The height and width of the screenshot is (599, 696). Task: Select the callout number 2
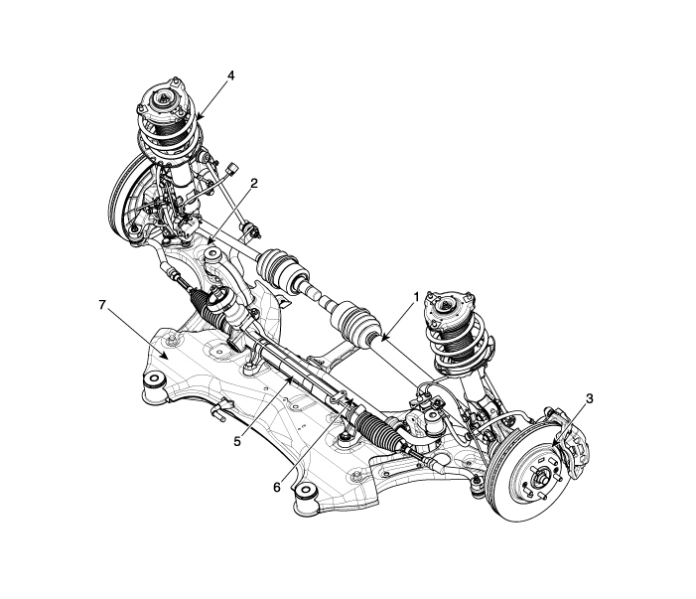click(254, 183)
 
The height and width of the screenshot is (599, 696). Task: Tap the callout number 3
click(590, 398)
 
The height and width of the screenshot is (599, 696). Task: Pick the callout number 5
click(237, 442)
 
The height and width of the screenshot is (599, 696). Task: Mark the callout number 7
click(102, 304)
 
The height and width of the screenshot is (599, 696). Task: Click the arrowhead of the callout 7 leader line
click(167, 356)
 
